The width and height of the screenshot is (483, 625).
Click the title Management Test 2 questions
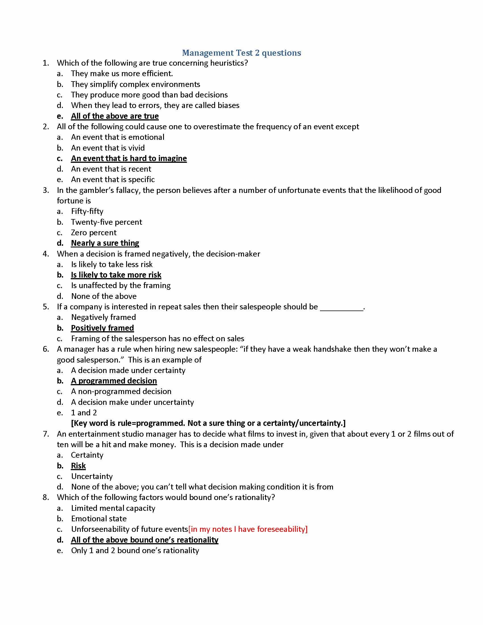[241, 53]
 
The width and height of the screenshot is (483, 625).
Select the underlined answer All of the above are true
[115, 116]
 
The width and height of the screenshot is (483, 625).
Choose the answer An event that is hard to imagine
[129, 158]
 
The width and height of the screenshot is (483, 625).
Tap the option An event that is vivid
[108, 148]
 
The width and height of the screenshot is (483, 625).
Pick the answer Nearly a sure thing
[105, 243]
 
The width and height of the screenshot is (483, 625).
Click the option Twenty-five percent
[107, 222]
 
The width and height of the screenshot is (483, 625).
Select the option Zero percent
[93, 232]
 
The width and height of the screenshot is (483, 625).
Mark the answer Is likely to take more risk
[116, 275]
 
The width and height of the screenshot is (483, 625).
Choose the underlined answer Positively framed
[103, 328]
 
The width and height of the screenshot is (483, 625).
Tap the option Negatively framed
[103, 317]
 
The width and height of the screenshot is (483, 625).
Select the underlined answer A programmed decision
[114, 381]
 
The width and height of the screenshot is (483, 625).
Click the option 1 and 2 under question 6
[84, 413]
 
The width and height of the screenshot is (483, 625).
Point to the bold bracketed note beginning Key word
[208, 423]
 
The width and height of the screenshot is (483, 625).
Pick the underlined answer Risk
[78, 466]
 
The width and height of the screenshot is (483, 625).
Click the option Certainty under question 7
[87, 455]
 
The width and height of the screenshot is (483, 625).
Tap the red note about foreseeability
[248, 529]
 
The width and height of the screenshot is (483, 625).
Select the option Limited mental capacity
[113, 508]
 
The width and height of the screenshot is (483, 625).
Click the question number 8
[46, 497]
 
